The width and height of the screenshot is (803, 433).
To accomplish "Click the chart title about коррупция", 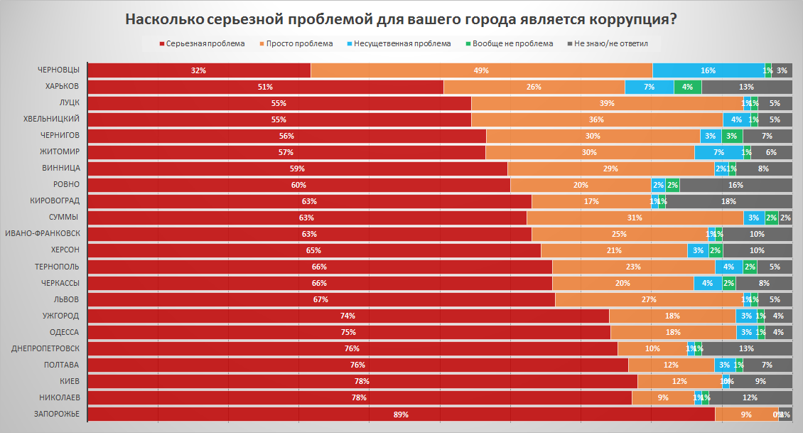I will coord(401,19).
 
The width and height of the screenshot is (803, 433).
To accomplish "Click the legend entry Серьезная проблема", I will coord(204,43).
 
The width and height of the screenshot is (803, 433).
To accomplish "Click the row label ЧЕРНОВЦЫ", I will coord(58,70).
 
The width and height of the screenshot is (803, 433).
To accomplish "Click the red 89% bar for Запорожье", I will coord(401,414).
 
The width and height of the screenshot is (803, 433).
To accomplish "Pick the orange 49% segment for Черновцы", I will coord(481,70).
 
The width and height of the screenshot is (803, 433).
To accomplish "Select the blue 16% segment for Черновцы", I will coord(708,70).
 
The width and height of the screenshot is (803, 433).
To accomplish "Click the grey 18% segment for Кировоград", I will coord(729,201).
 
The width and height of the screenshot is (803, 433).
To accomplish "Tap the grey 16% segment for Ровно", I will coord(735,185).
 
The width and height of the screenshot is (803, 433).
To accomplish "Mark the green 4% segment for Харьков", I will coord(687,87).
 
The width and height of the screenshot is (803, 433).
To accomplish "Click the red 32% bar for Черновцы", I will coord(198,70).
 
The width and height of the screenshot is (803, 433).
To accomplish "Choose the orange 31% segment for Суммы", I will coord(635,218).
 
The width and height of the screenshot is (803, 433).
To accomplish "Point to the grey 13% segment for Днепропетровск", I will coord(747,348).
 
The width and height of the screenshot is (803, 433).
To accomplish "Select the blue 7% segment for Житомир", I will coord(718,152).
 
